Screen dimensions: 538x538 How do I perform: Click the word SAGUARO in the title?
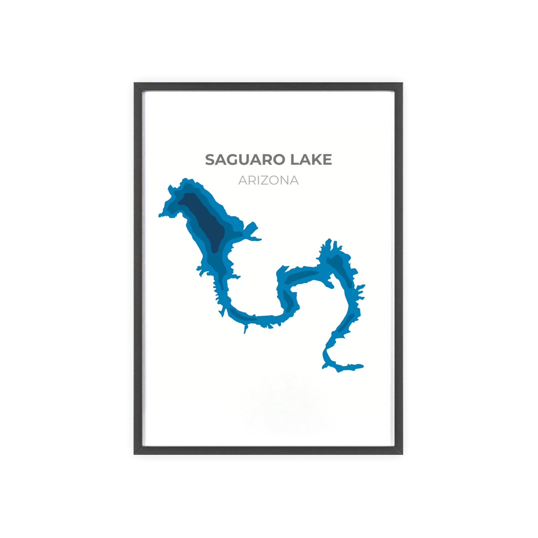245,160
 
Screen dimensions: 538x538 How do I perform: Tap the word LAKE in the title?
311,160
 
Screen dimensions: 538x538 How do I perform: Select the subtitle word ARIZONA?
268,180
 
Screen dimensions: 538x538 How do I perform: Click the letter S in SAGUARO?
210,160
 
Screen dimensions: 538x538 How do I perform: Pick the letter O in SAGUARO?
279,160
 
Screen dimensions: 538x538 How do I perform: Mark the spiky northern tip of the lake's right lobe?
329,240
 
